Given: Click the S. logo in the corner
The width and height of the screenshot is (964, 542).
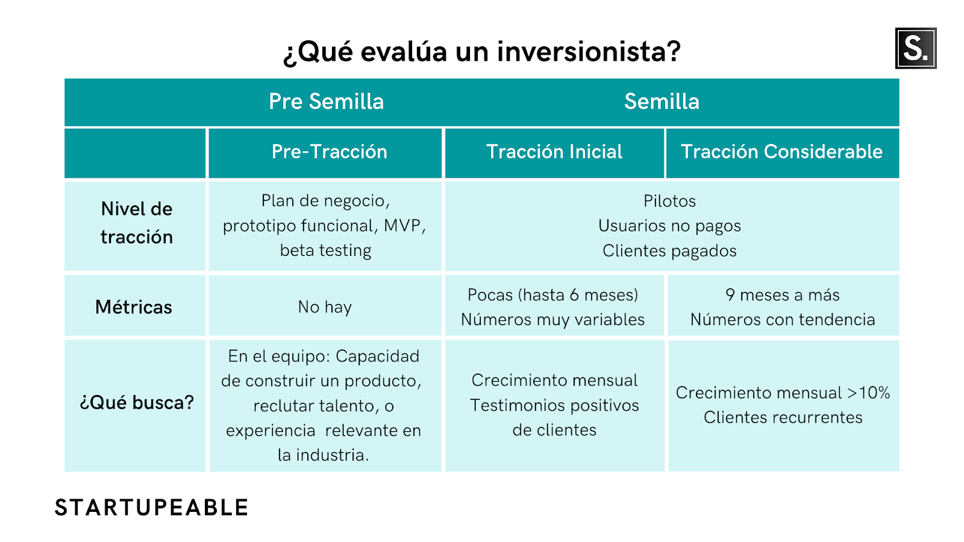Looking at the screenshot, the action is point(915,48).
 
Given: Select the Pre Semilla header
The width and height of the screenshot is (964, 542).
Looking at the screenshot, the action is point(326,102).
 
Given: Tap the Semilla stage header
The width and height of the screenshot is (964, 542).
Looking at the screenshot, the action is point(662,102).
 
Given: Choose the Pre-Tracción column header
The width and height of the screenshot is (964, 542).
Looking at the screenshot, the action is point(329,152).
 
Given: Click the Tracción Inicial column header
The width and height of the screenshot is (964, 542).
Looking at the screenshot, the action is point(554,152).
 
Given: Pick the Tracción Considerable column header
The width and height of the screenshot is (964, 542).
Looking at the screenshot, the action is point(781,152).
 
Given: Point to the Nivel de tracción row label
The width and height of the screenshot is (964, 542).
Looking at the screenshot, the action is point(136,223).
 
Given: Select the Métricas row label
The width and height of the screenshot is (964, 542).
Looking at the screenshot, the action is point(133,307).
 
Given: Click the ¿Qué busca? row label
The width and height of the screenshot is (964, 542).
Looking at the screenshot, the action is point(136,403).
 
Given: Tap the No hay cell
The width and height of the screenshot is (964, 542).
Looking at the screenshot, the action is point(325,307).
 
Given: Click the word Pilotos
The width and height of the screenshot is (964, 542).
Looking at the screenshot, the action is point(669,201).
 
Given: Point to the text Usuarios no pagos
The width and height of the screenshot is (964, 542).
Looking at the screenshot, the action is point(669,226).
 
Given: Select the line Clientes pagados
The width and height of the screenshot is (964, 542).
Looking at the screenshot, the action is point(669,251).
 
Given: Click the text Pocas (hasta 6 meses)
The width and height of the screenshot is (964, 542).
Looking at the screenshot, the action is point(553,295).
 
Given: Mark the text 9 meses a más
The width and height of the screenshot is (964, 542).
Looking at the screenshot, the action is point(783,295).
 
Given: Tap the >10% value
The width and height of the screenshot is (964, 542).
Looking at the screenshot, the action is point(868,393).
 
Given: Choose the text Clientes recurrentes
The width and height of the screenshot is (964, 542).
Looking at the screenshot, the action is point(783,418).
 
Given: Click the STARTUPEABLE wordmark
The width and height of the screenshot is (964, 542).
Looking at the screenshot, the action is point(151,508).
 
